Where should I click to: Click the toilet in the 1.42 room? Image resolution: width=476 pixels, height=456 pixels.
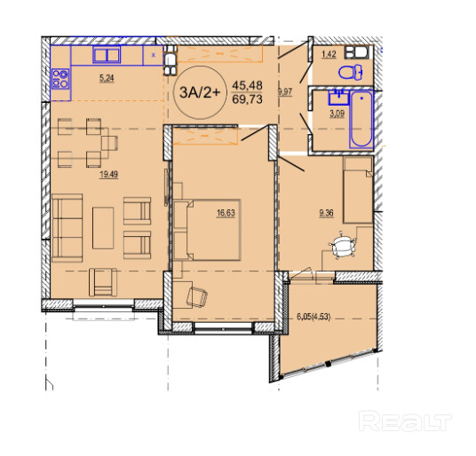coord(350,73)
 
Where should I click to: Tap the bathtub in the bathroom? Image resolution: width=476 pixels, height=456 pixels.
coord(361,119)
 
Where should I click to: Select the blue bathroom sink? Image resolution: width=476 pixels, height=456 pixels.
coord(338,98)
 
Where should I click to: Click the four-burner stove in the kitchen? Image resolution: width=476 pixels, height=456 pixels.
coord(60,79)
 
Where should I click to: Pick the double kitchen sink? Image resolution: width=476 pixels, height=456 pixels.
coord(107,55)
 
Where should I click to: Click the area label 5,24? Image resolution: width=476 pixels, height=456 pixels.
coord(107,78)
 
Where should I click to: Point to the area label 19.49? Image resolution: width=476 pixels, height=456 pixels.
coord(108,175)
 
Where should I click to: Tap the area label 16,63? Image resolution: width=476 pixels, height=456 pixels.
coord(226,213)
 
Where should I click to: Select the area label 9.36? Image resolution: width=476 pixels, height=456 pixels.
coord(326,213)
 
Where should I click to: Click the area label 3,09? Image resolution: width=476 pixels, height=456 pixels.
coord(337,114)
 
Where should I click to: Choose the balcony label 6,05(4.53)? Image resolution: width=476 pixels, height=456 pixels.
coord(313,317)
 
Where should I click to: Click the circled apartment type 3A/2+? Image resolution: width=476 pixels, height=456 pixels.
coord(200,92)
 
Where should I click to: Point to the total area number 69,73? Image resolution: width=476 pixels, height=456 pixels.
coord(247,99)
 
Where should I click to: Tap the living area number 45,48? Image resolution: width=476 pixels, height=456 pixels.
coord(247,85)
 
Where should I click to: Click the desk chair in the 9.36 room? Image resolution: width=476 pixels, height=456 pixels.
coord(342,244)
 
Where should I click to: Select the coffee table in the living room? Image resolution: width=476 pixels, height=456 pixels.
coord(103,228)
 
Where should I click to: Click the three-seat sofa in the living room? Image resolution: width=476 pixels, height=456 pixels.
coord(67,228)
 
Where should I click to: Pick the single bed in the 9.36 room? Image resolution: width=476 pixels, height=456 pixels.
coord(358,190)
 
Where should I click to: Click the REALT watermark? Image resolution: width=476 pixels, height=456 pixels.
coord(405,421)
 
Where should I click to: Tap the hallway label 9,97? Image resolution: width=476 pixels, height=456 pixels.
coord(285,92)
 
